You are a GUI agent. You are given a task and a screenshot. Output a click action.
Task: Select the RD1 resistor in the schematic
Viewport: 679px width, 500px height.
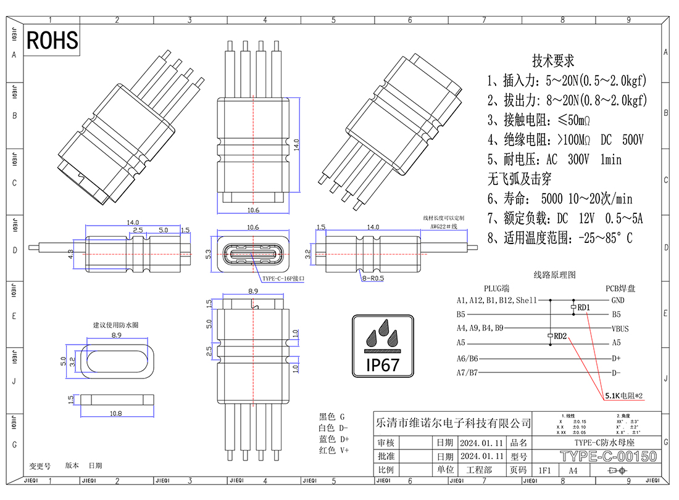point(574,307)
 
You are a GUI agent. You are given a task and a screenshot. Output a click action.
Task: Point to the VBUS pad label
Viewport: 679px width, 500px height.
point(620,329)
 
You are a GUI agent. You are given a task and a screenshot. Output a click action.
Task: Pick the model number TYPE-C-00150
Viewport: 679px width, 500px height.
point(608,457)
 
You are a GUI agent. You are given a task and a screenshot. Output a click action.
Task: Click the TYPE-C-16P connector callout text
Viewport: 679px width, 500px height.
point(283,279)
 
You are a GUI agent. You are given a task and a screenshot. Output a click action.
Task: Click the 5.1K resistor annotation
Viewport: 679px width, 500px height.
point(623,395)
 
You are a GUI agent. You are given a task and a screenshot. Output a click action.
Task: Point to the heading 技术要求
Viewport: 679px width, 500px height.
point(553,61)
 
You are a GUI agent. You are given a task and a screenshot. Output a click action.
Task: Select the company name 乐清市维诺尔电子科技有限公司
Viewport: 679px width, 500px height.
point(453,424)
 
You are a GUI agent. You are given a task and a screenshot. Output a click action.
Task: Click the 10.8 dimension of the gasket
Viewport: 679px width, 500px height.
point(115,414)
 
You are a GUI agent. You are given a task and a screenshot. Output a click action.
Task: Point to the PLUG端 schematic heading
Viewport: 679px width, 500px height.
point(497,289)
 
